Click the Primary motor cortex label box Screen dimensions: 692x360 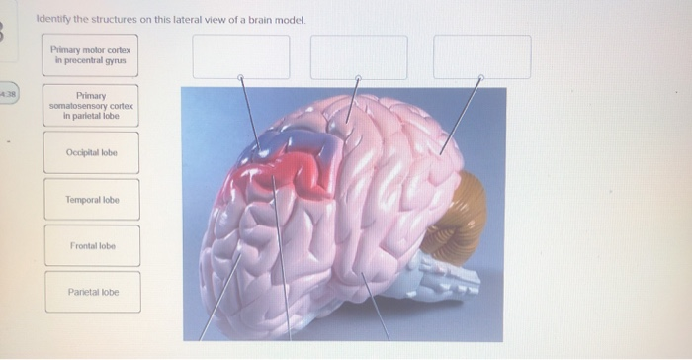(91, 55)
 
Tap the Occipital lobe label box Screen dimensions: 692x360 (91, 152)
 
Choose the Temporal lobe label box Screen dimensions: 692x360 (91, 200)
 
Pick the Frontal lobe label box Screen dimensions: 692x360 (91, 245)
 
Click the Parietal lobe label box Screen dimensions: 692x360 (91, 293)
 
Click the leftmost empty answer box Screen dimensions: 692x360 (241, 56)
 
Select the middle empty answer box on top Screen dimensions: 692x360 (359, 56)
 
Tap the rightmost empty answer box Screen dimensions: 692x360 (481, 56)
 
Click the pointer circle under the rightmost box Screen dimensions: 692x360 (480, 76)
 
